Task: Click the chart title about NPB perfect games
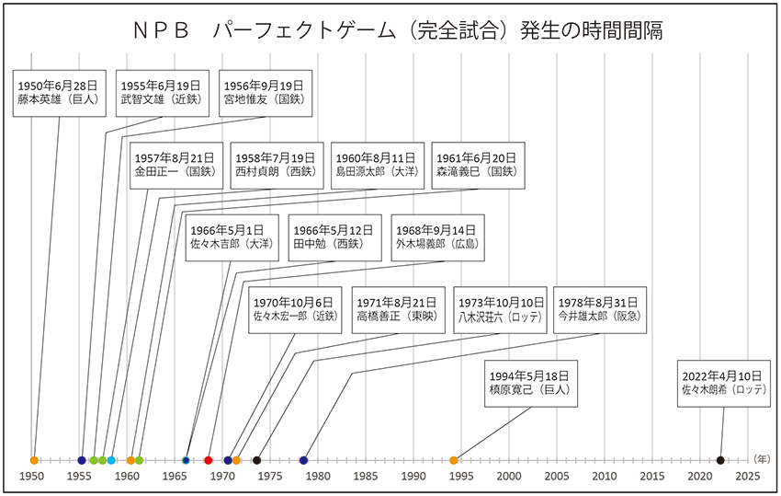[391, 30]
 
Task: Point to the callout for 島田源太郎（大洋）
[376, 164]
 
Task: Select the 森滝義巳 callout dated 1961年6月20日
[479, 164]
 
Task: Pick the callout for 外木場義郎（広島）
[436, 236]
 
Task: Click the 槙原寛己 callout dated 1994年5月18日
[532, 382]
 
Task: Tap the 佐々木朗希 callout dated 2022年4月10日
[725, 382]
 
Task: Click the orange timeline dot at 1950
[34, 459]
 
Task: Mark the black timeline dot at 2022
[720, 459]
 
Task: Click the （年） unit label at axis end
[762, 458]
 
